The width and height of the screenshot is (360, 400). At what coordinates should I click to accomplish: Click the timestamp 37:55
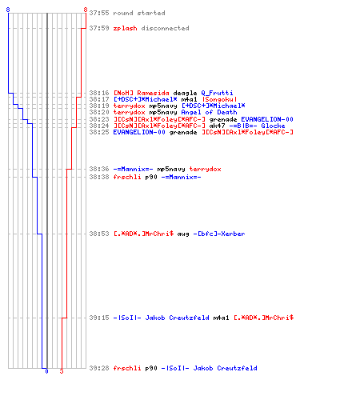(99, 13)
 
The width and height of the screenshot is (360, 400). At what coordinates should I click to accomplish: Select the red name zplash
(125, 28)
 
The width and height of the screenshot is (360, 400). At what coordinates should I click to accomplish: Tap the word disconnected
(165, 28)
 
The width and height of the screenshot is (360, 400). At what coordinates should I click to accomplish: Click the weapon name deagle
(185, 93)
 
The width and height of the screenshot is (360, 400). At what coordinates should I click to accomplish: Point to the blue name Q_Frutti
(217, 93)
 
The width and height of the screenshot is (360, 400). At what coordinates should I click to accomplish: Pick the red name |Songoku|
(219, 99)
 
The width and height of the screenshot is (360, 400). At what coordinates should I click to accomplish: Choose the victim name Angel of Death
(209, 112)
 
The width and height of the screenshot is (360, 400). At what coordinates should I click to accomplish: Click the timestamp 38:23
(99, 119)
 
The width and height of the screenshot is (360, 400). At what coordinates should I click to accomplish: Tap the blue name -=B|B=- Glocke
(257, 126)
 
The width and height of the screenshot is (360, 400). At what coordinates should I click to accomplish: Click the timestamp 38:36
(99, 169)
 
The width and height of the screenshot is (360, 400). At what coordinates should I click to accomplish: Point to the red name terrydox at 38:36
(205, 169)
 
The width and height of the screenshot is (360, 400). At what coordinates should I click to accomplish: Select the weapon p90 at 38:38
(151, 177)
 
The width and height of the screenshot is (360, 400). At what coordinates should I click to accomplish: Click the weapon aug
(183, 234)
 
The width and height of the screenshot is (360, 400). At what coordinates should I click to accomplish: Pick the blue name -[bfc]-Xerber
(219, 234)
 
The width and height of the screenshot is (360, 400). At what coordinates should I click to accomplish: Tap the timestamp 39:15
(99, 318)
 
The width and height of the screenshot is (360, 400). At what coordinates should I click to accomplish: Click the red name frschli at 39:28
(127, 368)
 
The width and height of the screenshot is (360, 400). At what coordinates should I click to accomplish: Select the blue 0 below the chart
(46, 371)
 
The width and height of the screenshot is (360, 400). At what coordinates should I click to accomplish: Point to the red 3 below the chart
(62, 371)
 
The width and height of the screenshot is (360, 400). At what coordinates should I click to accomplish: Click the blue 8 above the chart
(8, 10)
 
